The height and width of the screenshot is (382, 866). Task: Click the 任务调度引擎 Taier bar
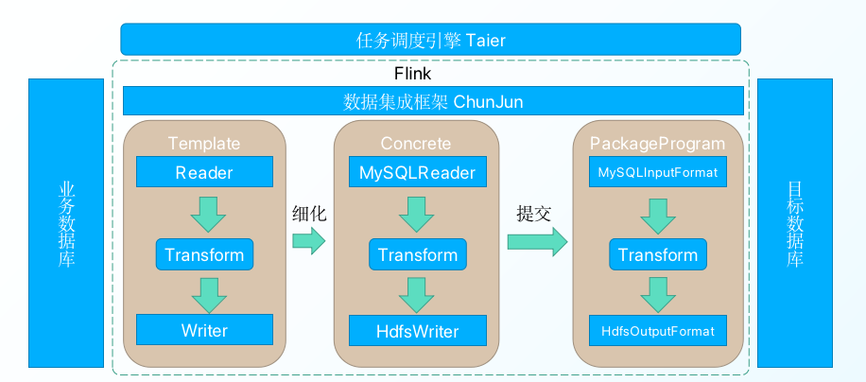[430, 40]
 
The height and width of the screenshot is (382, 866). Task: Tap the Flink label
[412, 73]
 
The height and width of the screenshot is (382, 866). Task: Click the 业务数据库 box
[65, 223]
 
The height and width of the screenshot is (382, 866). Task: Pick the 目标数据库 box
[795, 223]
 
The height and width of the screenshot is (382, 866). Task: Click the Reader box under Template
[204, 172]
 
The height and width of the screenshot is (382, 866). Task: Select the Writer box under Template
[204, 331]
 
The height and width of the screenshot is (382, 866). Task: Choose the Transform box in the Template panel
[204, 254]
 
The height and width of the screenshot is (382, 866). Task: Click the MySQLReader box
[417, 172]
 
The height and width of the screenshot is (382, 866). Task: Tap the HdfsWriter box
[417, 331]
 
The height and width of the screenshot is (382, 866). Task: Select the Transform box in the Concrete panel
[417, 254]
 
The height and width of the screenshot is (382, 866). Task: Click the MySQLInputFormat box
[657, 172]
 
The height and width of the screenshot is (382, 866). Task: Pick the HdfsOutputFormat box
[657, 332]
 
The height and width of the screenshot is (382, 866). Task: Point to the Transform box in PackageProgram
[657, 254]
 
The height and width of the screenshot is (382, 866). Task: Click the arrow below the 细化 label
[307, 242]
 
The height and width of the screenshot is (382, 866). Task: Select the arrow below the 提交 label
[536, 242]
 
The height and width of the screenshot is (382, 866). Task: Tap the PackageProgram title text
[657, 144]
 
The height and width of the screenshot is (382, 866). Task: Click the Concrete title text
[416, 144]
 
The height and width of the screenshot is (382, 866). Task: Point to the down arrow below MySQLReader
[417, 213]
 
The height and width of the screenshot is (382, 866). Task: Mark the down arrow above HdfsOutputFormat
[657, 293]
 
